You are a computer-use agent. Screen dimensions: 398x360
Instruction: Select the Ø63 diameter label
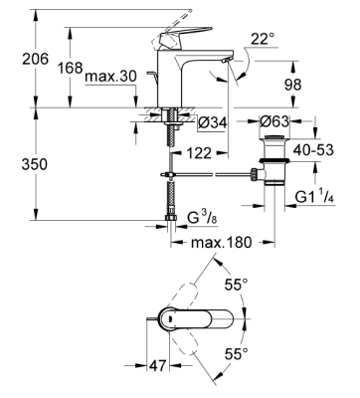pos(274,122)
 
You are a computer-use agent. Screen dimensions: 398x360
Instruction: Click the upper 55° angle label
pos(265,287)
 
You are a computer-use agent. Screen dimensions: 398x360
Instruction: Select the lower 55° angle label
pos(265,355)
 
